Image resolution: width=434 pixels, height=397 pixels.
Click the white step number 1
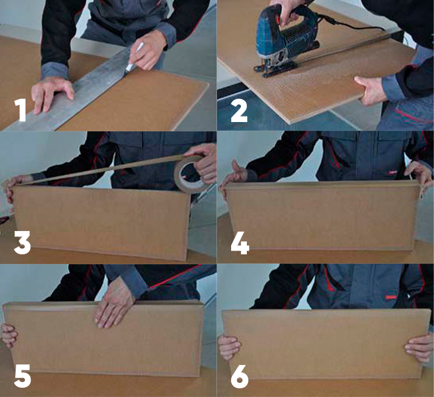point(20,111)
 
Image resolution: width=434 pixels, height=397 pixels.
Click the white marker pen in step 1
point(133,57)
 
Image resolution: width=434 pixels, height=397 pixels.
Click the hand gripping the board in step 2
point(369,91)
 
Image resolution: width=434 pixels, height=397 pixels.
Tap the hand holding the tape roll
point(201,163)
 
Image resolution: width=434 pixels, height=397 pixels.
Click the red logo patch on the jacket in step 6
point(391,297)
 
